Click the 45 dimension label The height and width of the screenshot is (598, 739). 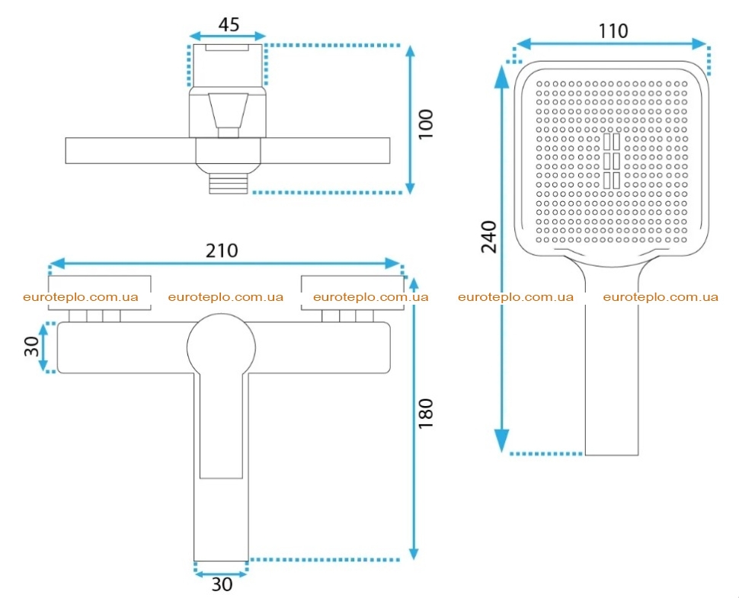pos(229,24)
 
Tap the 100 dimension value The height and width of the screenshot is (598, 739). pos(426,123)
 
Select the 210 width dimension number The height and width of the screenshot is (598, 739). pos(222,250)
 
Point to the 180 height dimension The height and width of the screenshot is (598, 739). pos(426,414)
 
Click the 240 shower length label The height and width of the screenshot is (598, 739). pos(489,237)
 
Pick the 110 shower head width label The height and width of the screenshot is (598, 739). pos(613,31)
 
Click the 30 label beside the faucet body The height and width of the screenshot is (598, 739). pos(31,347)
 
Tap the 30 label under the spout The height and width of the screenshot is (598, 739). pos(222,585)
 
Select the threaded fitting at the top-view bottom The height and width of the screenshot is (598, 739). pos(228,182)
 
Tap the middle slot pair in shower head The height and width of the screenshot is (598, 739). pos(612,161)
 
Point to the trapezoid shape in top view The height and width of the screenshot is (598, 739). pos(228,110)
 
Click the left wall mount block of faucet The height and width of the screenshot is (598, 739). pos(100,293)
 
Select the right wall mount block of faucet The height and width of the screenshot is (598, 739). pos(353,293)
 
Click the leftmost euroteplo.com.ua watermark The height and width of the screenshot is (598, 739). pos(81,297)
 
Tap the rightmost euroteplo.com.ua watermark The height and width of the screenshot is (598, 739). pos(661,297)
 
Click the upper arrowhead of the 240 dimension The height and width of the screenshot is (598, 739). pos(502,76)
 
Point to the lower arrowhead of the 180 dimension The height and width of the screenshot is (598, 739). pos(414,549)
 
